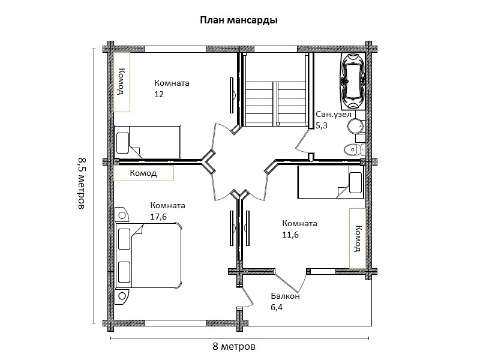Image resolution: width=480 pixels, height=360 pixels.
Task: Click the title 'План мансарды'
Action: [238, 20]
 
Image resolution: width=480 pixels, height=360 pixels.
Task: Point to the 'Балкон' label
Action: [285, 296]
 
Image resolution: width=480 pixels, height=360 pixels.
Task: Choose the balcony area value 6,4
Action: [277, 307]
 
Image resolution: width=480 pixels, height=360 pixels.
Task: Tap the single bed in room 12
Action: [148, 142]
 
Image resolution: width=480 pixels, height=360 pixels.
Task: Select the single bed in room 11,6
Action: [329, 182]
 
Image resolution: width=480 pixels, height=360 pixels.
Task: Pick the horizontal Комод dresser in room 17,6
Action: [143, 173]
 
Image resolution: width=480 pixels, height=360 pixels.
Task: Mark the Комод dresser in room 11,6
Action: [358, 238]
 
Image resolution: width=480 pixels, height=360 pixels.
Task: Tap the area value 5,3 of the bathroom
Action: [322, 126]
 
